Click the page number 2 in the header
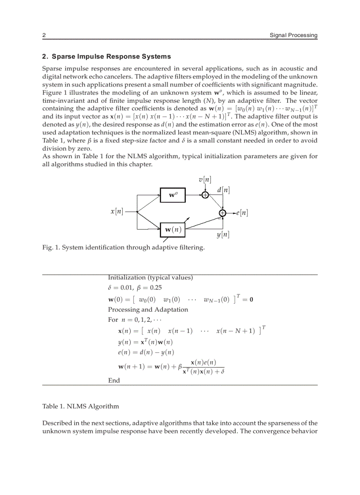tap(44, 35)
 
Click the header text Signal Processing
tap(293, 35)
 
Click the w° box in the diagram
tap(172, 194)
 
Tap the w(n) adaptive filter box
tap(173, 229)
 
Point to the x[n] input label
tap(117, 212)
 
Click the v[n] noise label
tap(205, 179)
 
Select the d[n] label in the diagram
tap(223, 190)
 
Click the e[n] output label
tap(241, 213)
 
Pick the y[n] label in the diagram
tap(223, 234)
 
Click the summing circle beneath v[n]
tap(205, 194)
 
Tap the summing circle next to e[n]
tap(223, 213)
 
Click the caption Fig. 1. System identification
tap(123, 247)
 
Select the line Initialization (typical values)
tap(150, 278)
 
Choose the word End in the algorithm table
tap(114, 380)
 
